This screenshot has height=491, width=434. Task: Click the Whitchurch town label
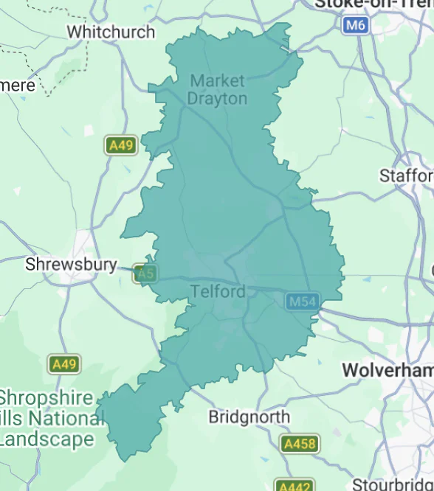click(111, 32)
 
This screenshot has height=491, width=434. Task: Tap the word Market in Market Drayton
click(218, 80)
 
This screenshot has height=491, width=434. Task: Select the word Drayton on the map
click(217, 98)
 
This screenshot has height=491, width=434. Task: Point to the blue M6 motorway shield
click(356, 25)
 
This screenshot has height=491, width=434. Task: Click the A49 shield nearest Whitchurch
click(120, 145)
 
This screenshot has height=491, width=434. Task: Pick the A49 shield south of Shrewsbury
click(64, 363)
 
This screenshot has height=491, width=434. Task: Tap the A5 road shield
click(145, 274)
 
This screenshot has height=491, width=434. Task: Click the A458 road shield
click(300, 444)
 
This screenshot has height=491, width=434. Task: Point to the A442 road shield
click(294, 486)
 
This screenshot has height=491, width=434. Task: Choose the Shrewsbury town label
click(71, 264)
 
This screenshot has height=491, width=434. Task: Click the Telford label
click(218, 291)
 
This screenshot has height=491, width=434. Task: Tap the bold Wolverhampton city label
click(387, 370)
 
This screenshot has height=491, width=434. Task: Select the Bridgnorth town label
click(249, 417)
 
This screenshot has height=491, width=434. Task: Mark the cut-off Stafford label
click(406, 175)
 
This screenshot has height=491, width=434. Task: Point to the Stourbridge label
click(392, 484)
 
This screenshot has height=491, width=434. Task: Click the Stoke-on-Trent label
click(373, 4)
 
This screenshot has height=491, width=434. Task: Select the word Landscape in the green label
click(47, 439)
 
